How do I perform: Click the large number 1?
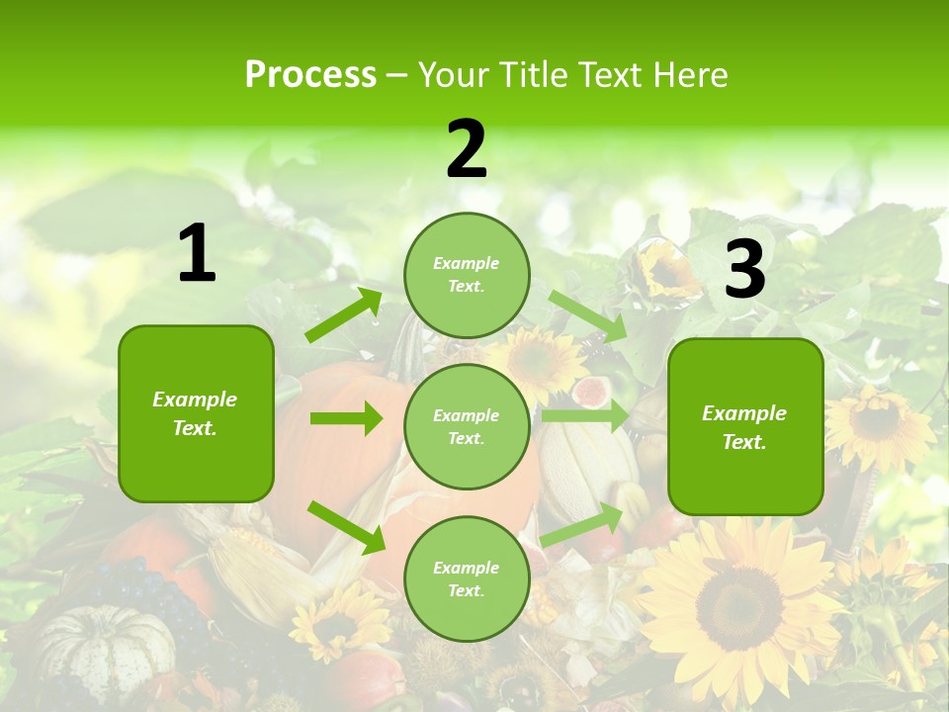coord(197,255)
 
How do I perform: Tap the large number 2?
coord(467,150)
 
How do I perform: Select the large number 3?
coord(744,269)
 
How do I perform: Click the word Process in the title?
coord(310,74)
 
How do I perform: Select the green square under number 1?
coord(196,413)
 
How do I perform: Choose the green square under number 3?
coord(745,426)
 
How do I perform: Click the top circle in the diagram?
coord(467,275)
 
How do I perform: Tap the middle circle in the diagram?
coord(467,426)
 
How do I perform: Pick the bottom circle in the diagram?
coord(467,578)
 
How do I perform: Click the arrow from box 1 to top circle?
coord(344,315)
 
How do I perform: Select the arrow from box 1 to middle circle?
coord(346,419)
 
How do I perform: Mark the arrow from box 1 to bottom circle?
coord(346,527)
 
